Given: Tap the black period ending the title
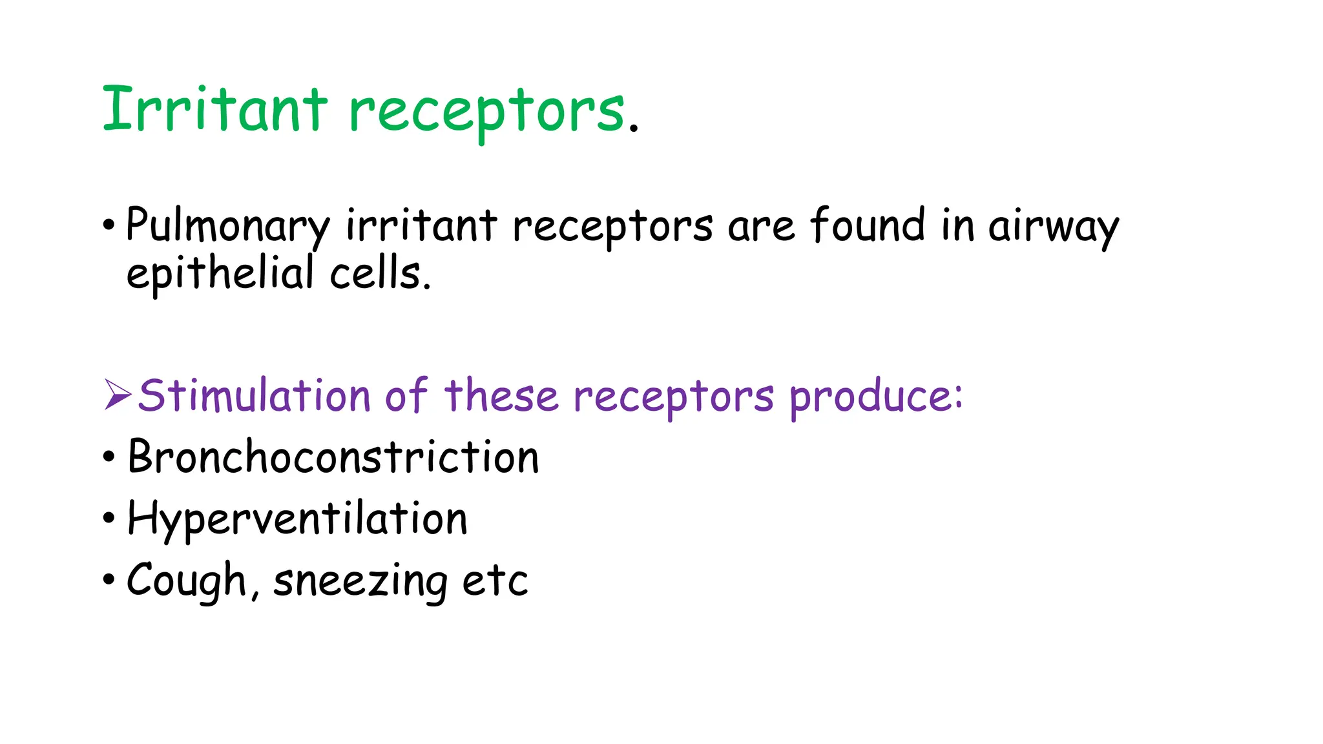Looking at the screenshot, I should [x=634, y=128].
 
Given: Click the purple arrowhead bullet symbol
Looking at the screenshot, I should [x=118, y=395].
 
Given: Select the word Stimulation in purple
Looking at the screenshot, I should [x=254, y=395].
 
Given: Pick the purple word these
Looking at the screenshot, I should [x=501, y=395].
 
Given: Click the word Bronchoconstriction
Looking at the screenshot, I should [x=333, y=457].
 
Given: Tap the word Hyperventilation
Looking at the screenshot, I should [x=297, y=519].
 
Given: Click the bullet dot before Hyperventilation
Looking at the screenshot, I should [x=109, y=518].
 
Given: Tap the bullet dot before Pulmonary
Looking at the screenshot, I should [x=109, y=226].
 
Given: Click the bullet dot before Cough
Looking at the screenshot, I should [x=109, y=579].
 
